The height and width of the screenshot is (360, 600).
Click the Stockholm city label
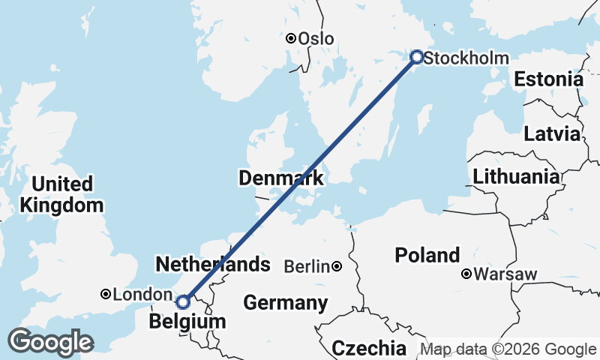466,58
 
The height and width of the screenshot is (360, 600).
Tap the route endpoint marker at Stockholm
417,56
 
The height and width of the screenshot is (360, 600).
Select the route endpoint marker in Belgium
182,301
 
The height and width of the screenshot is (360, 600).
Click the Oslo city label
316,39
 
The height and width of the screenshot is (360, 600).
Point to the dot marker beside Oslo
290,38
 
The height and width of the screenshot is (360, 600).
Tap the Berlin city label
307,266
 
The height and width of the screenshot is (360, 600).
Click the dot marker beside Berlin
337,266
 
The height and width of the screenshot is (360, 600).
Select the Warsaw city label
505,274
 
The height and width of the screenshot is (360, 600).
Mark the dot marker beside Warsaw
466,274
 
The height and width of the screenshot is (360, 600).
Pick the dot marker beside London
106,295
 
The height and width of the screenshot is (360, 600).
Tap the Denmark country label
281,178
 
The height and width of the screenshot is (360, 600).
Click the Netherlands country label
212,264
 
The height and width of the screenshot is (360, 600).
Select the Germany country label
286,304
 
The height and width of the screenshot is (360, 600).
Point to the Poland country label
427,256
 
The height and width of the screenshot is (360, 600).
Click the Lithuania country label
516,178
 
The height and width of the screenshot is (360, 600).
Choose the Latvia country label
552,135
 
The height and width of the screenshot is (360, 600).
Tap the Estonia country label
548,79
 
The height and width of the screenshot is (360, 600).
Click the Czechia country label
369,348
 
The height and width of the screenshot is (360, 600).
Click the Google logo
50,343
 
